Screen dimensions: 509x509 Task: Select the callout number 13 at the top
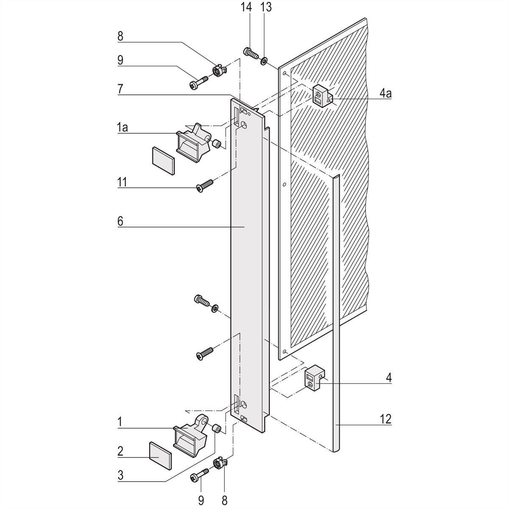tap(266, 7)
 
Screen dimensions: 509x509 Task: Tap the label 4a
tap(386, 92)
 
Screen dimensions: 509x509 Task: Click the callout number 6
tap(120, 221)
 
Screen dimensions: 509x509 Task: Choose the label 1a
tap(123, 127)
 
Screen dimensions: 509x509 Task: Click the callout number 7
tap(120, 89)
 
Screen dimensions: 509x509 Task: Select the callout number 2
tap(120, 450)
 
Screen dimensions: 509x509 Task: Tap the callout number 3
tap(120, 475)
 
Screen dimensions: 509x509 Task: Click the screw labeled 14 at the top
tap(250, 54)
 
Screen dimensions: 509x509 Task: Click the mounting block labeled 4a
tap(322, 95)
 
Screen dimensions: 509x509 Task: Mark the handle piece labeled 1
tap(191, 435)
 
